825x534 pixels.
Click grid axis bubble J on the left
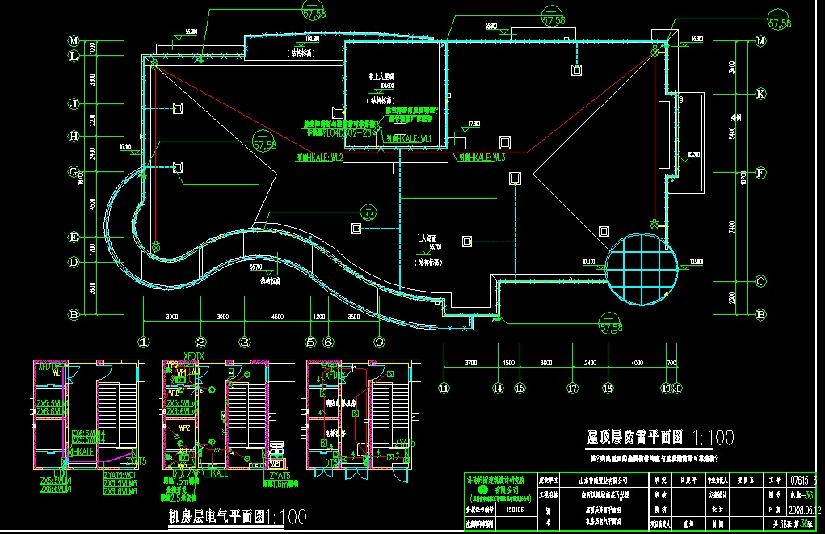tap(73, 104)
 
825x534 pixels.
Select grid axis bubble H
tap(73, 137)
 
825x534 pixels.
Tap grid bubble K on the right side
tap(760, 94)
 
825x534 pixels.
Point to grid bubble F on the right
tap(760, 172)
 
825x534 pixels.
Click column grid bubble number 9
tap(377, 343)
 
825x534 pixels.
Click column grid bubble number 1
tap(144, 343)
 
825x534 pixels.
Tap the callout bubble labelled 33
tap(369, 216)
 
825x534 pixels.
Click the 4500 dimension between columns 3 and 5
tap(277, 317)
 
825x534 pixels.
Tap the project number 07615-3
tap(804, 481)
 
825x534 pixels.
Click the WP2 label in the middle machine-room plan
tap(185, 427)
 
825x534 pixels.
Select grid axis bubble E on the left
tap(73, 238)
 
